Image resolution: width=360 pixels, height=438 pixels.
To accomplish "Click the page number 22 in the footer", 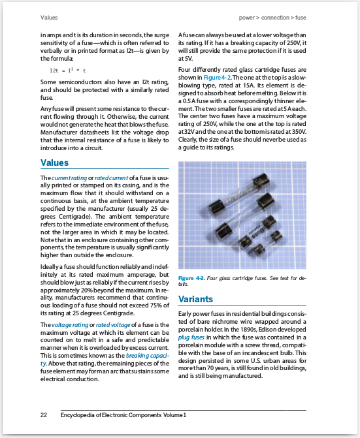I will [44, 415].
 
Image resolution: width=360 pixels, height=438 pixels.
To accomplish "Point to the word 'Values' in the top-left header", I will [49, 16].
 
